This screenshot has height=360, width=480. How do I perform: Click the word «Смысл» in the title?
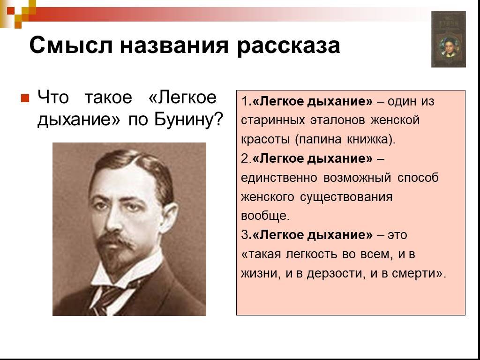(x=71, y=45)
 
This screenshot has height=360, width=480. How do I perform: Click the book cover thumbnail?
(x=448, y=39)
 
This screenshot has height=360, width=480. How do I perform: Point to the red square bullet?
(x=25, y=98)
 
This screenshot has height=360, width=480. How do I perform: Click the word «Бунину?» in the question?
(x=188, y=120)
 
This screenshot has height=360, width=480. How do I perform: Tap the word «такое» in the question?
(x=108, y=97)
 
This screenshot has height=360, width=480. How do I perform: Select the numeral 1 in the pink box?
(x=244, y=101)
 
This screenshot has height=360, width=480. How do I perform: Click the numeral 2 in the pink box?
(x=245, y=158)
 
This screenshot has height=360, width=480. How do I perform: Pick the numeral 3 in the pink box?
(x=245, y=235)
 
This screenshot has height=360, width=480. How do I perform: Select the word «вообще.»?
(x=265, y=216)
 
